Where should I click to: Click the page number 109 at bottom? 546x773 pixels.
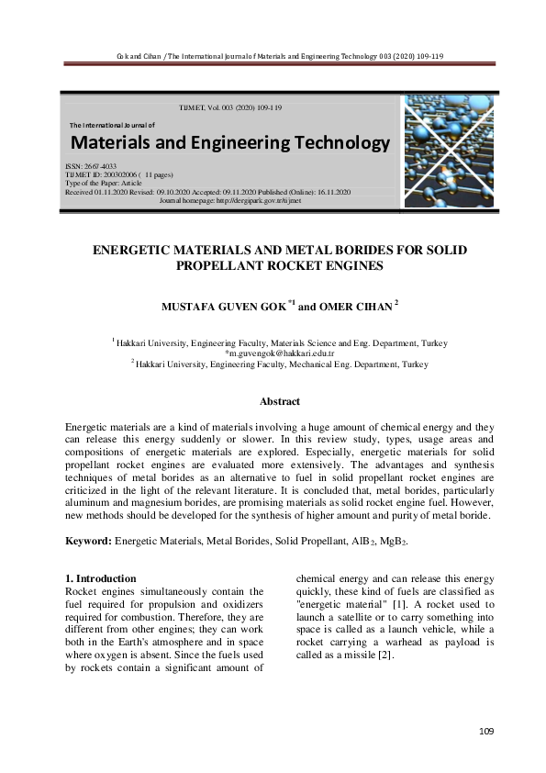coord(486,731)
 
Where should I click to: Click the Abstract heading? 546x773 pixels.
coord(279,401)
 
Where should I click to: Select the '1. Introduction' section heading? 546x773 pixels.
coord(102,578)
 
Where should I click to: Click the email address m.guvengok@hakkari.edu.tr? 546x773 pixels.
coord(280,353)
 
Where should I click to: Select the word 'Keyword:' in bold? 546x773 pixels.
coord(88,542)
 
